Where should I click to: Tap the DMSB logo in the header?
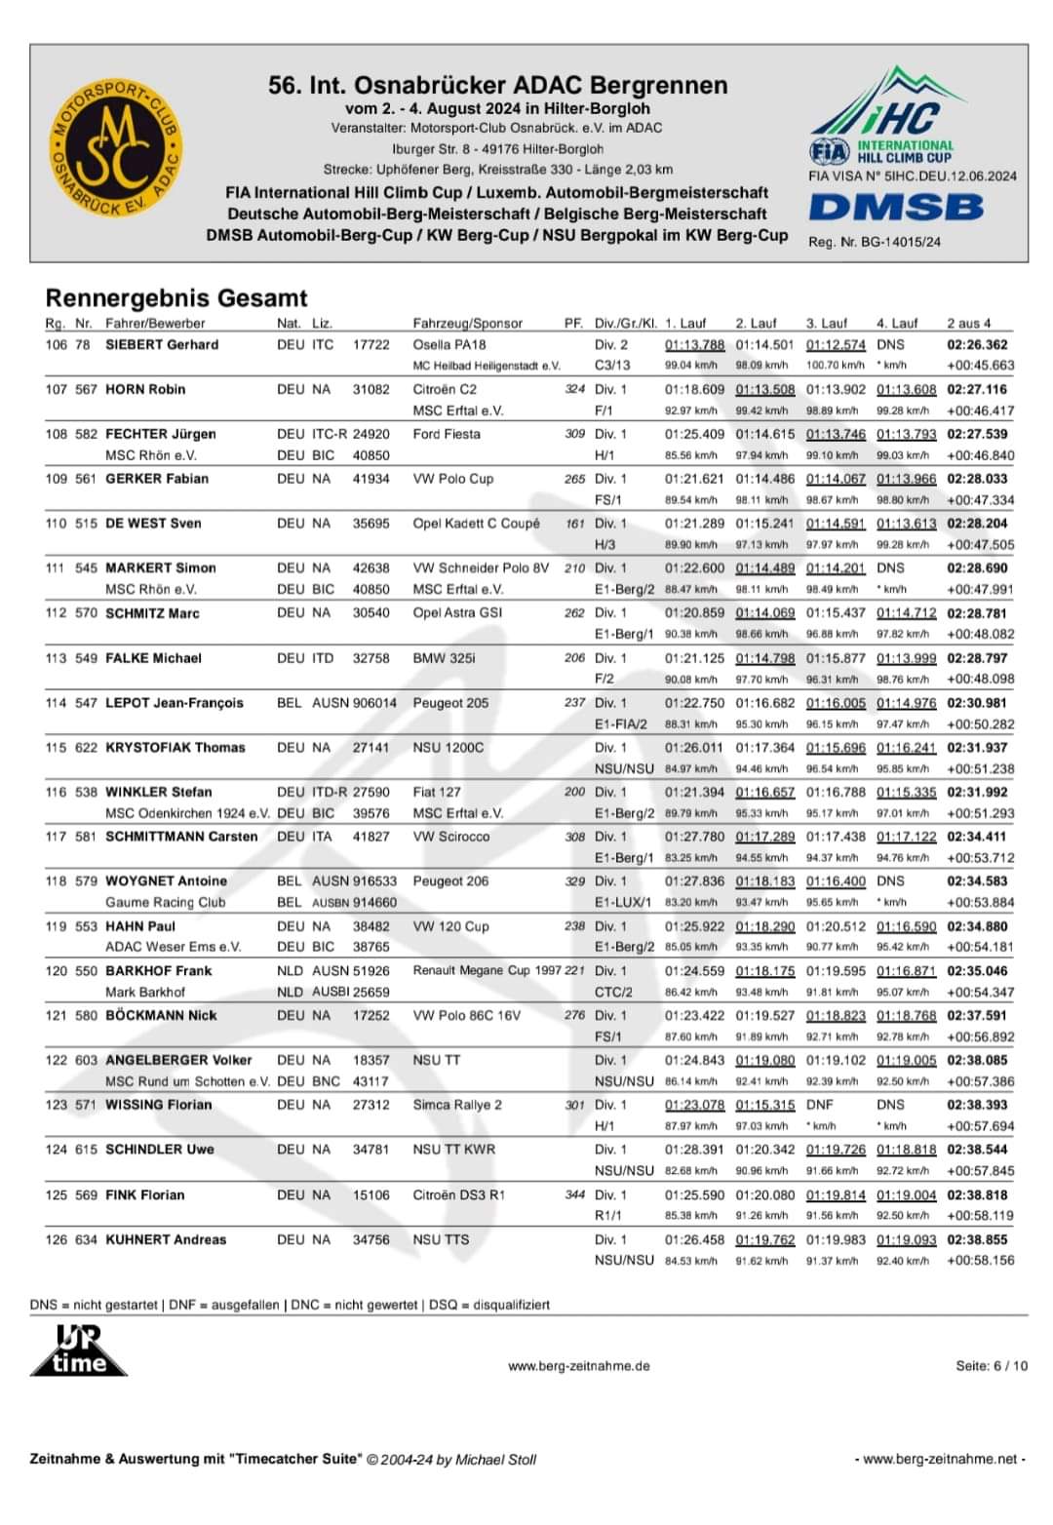[x=895, y=207]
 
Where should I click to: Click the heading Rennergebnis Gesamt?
[x=176, y=297]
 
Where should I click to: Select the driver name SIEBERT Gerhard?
[x=162, y=344]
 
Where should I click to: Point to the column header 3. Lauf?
[x=827, y=323]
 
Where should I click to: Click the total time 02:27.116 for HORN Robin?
[x=977, y=389]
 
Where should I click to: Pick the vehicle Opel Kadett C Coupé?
[x=476, y=523]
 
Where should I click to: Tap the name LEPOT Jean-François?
[x=175, y=702]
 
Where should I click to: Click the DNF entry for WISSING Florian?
[x=820, y=1105]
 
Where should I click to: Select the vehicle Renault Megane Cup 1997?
[x=487, y=970]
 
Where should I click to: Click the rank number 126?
[x=57, y=1239]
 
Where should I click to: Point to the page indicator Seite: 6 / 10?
[x=991, y=1365]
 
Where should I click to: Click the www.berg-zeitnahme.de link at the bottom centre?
[x=578, y=1366]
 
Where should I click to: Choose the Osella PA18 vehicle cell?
[x=449, y=344]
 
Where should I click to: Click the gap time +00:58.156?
[x=980, y=1260]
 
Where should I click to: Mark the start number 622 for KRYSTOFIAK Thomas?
[x=86, y=747]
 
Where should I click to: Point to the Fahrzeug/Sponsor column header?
[x=468, y=323]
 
